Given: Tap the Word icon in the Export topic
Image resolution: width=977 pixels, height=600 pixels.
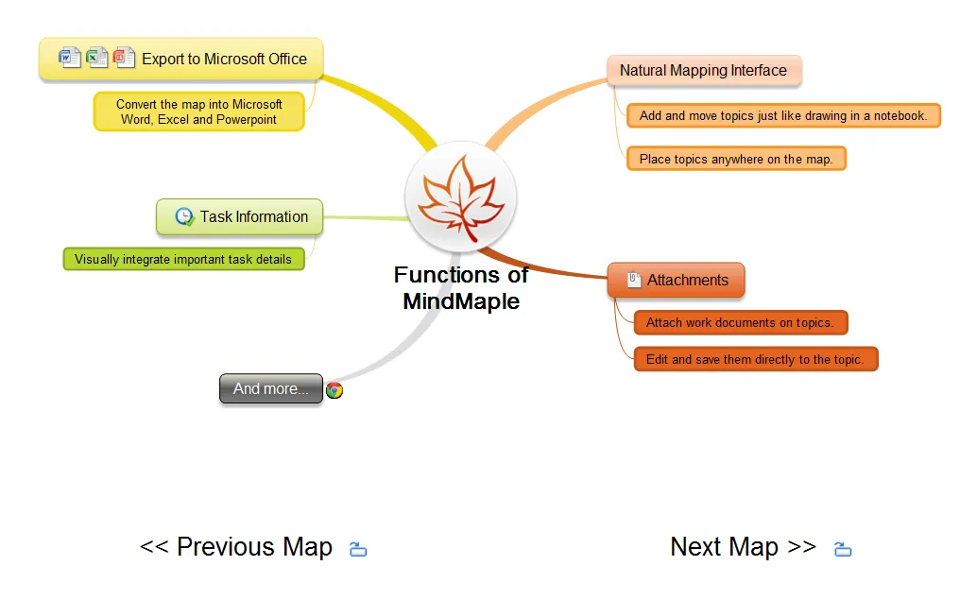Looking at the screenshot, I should coord(70,58).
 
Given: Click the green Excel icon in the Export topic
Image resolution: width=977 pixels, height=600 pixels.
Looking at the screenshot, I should coord(97,58).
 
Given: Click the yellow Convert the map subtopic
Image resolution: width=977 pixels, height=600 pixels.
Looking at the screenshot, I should coord(198,111).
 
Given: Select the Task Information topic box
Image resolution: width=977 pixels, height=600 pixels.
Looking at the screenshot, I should coord(239,216).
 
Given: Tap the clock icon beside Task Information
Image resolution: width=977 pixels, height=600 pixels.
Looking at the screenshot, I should coord(185,216).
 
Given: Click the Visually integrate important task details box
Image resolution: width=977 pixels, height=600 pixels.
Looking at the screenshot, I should coord(183,259).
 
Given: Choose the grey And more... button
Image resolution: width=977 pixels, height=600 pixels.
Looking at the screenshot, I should coord(270,388).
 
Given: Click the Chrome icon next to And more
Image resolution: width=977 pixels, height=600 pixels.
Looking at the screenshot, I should coord(334,389).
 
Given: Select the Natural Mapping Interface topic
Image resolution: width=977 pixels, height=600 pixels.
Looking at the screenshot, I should coord(703,70).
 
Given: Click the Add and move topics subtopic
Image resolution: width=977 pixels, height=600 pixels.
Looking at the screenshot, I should coord(782,115).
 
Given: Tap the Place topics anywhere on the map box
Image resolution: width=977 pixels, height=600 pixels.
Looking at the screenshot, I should coord(735,159).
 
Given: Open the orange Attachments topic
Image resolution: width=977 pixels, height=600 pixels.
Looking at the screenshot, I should coord(676,280).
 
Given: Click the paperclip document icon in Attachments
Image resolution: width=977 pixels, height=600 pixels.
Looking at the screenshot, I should coord(634,280).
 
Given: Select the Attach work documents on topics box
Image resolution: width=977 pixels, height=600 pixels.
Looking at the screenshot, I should coord(740,322).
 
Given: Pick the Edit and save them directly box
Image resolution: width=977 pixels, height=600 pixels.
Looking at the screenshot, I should coord(755,359).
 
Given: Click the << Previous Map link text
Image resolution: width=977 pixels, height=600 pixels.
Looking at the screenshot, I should coord(236,547).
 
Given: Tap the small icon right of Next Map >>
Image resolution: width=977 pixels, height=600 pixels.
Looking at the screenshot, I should coord(843,549).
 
